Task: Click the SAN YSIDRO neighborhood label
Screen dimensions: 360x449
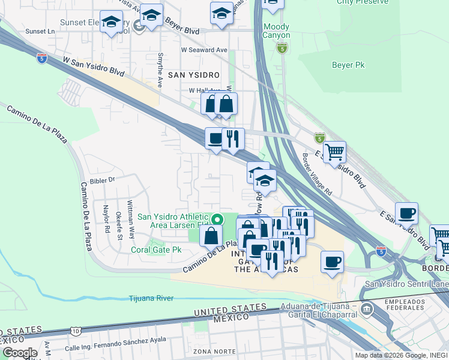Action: pos(193,75)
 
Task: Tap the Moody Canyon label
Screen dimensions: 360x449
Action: pos(276,31)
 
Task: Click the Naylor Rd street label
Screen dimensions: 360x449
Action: pos(106,220)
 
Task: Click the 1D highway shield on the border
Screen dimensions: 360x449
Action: pos(74,331)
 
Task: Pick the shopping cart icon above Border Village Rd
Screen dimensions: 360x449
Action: pos(334,151)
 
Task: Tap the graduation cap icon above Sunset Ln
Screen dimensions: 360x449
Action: pos(110,23)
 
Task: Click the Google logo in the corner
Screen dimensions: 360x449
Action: pos(20,353)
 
